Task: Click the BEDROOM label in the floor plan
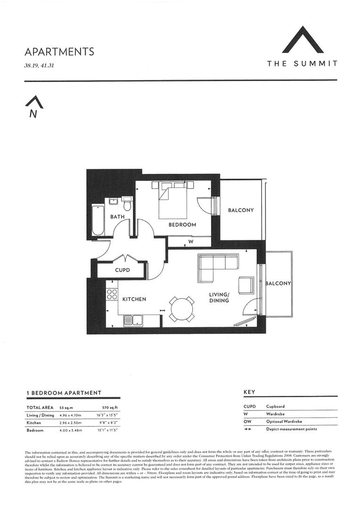click(x=182, y=225)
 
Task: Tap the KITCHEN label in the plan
click(x=134, y=299)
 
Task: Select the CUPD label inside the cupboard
click(x=123, y=271)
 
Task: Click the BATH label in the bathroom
click(x=117, y=217)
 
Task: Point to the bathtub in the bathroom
click(x=98, y=220)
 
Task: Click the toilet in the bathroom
click(x=126, y=206)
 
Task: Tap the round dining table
click(x=181, y=309)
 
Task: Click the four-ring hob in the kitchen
click(x=112, y=295)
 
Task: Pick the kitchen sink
click(x=130, y=321)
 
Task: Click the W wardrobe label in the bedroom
click(x=191, y=241)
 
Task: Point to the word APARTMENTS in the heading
click(x=59, y=51)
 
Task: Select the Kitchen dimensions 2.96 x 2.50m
click(x=70, y=422)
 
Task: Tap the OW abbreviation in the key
click(x=247, y=421)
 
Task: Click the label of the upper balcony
click(x=241, y=210)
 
